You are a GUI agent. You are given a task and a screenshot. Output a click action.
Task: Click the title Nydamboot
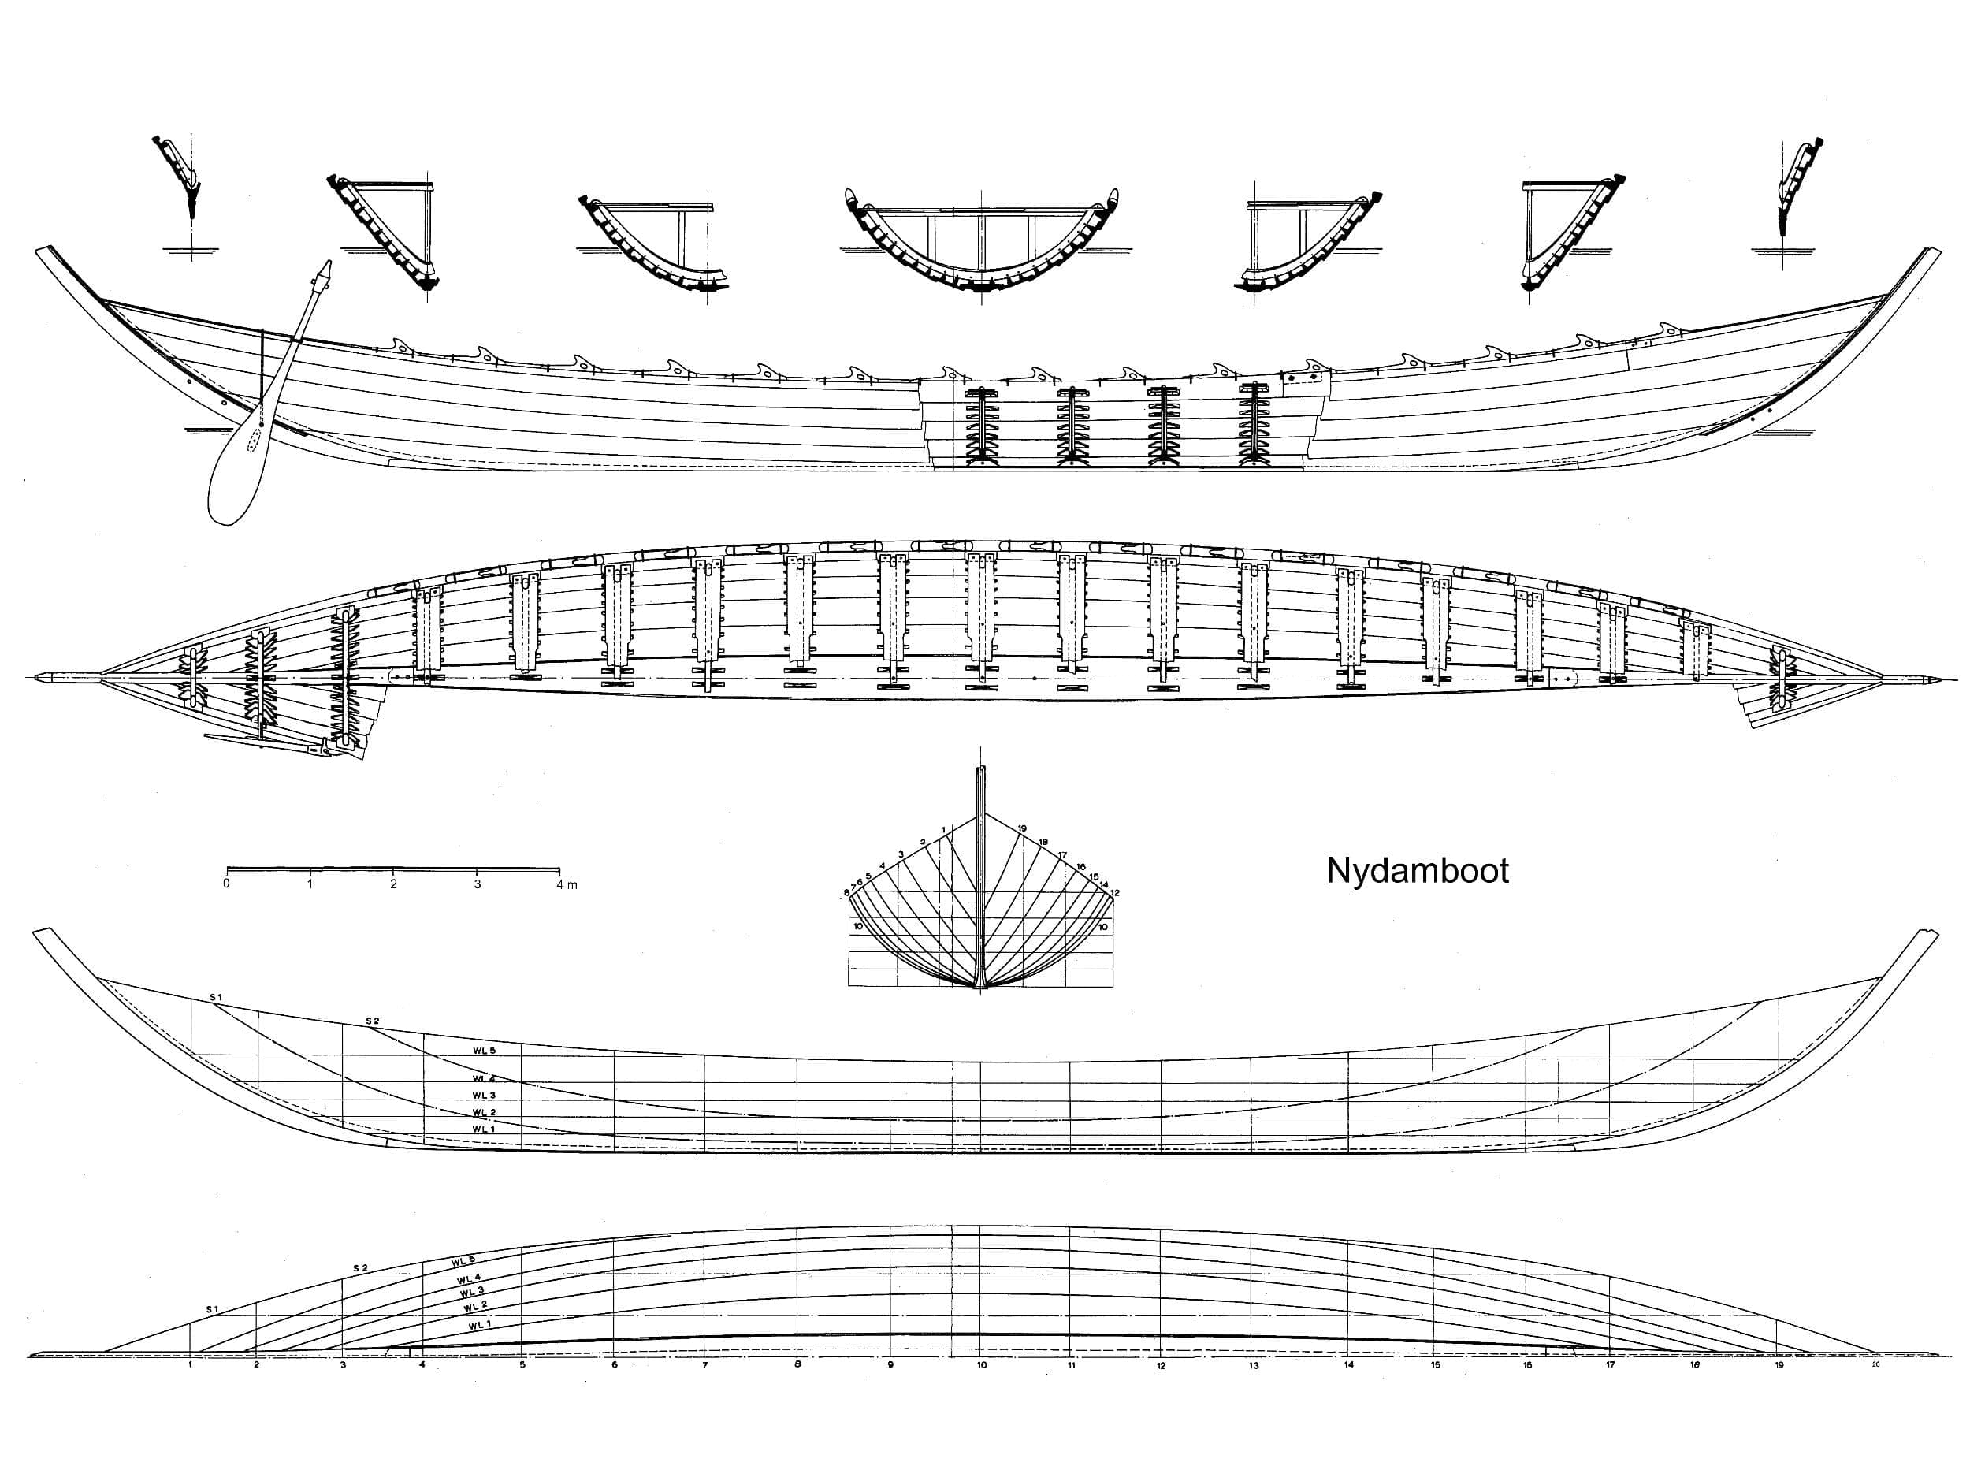click(1417, 871)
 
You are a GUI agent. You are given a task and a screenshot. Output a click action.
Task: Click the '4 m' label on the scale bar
click(567, 884)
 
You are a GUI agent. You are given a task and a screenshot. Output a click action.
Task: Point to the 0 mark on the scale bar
click(226, 884)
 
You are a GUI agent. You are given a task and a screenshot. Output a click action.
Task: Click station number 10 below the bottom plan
click(981, 1365)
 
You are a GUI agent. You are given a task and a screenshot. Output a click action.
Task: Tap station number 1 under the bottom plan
click(191, 1364)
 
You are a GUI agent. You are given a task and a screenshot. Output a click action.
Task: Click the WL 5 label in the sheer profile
click(484, 1051)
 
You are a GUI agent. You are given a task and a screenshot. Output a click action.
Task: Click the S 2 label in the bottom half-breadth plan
click(360, 1267)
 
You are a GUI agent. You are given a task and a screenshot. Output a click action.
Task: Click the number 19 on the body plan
click(1022, 828)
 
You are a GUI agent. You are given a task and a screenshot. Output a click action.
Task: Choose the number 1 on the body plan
click(943, 830)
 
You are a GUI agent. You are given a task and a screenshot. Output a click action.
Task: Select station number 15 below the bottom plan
click(1435, 1365)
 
